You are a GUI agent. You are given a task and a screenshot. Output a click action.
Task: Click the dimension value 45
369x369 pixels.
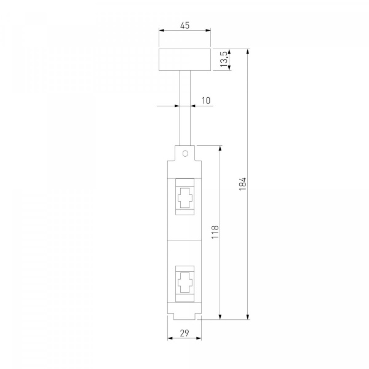184,25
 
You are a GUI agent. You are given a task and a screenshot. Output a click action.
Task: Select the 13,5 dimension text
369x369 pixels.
224,59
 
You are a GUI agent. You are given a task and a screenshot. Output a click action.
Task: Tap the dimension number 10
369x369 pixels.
206,100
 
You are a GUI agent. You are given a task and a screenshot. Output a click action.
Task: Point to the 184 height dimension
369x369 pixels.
242,184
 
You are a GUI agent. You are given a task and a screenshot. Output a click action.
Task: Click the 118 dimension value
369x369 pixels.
215,232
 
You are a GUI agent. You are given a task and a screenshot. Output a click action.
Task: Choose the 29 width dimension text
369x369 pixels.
184,333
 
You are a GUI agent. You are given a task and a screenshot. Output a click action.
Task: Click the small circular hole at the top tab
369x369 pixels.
185,154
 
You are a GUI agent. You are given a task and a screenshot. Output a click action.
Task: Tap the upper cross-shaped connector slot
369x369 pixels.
185,198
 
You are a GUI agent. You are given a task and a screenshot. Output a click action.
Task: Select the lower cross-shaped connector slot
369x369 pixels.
185,283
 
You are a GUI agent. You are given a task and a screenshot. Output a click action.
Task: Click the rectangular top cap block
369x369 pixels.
184,60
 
